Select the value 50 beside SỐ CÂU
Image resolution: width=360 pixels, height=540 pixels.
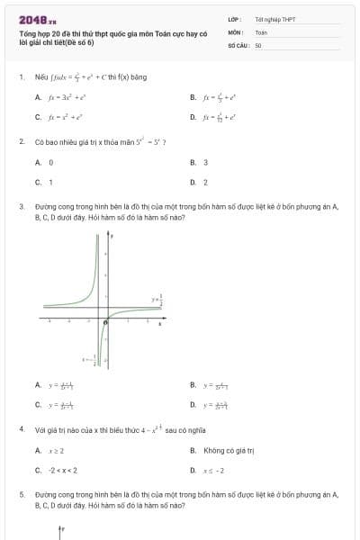(x=258, y=44)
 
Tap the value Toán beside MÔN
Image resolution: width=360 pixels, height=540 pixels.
(x=261, y=31)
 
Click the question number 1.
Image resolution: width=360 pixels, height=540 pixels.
(x=21, y=77)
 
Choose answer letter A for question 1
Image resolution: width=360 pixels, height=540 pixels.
(x=38, y=96)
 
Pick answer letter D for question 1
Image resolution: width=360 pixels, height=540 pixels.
(x=193, y=117)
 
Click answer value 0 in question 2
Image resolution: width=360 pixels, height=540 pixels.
(x=50, y=163)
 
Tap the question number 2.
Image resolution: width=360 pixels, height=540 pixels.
(x=21, y=142)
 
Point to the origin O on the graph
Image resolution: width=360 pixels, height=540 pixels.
(x=106, y=321)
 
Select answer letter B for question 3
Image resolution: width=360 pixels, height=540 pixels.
(x=193, y=385)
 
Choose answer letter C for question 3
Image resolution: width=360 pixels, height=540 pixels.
(x=38, y=405)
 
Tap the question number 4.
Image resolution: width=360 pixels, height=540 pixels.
(x=21, y=430)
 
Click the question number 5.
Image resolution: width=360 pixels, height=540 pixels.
(x=21, y=494)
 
